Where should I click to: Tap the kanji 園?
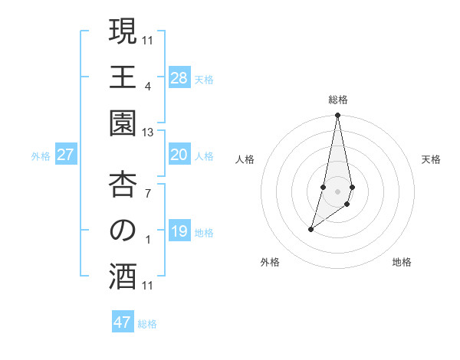(x=123, y=125)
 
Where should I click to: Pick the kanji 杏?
(x=123, y=185)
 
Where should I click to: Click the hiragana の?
(x=123, y=231)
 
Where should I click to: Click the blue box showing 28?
(x=179, y=78)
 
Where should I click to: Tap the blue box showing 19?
(x=179, y=231)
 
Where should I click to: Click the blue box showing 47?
(x=123, y=322)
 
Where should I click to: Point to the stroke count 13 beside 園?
(x=148, y=133)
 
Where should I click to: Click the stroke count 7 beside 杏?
(x=148, y=192)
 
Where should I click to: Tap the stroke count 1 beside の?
(x=148, y=240)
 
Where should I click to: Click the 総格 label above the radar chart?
(x=338, y=100)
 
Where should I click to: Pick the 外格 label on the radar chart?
(x=269, y=262)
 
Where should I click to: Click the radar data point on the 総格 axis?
(x=337, y=116)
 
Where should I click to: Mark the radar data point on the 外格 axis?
(x=310, y=229)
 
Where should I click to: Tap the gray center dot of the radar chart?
(x=337, y=191)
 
